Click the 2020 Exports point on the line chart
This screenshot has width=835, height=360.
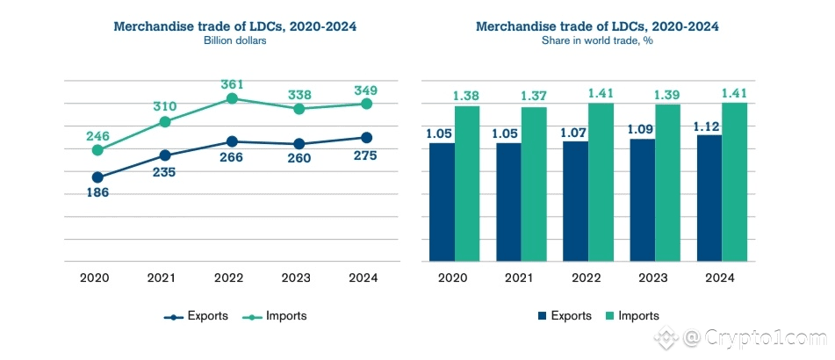coord(97,177)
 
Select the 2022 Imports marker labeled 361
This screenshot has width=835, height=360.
coord(232,98)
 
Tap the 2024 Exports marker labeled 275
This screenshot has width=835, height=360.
coord(366,137)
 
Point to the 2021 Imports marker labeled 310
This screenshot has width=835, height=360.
coord(164,121)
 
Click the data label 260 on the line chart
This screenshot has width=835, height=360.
coord(299,160)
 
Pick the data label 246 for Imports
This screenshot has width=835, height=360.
coord(97,136)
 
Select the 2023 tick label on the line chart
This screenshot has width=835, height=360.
coord(299,277)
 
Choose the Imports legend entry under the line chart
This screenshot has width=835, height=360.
coord(276,315)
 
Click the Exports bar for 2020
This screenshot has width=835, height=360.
coord(442,201)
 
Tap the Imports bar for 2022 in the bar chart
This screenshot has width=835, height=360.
coord(601,182)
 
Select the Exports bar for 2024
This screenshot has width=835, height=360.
coord(709,198)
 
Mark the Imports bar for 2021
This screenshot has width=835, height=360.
coord(534,184)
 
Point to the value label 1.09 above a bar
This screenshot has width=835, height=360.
coord(642,128)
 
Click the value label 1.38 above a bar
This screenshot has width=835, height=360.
coord(467,95)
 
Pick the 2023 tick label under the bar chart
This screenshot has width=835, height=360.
coord(655,277)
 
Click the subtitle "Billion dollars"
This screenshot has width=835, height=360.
coord(234,40)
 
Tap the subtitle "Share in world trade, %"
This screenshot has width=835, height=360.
coord(597,40)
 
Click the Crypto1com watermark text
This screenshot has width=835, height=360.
coord(763,335)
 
